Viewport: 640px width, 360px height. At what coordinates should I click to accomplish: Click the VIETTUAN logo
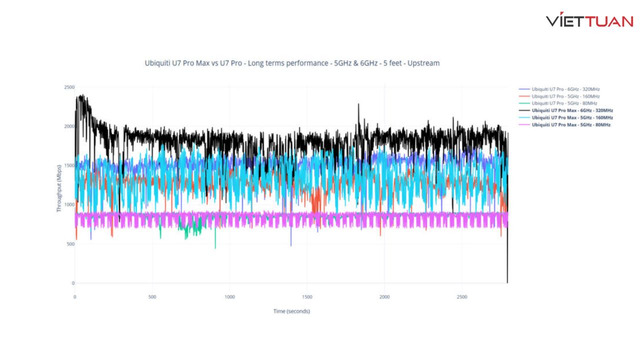coord(589,19)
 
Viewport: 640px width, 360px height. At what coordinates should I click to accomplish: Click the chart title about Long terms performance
coord(292,63)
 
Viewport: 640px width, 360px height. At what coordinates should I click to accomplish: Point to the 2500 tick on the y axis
coord(69,87)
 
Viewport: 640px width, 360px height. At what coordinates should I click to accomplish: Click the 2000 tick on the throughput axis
coord(69,126)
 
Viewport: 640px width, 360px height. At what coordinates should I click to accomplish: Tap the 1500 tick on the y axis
coord(69,165)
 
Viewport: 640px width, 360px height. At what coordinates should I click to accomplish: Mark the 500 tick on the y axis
coord(70,244)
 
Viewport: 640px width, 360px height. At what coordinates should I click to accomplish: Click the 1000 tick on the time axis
coord(229,297)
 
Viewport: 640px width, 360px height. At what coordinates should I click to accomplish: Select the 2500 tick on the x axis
coord(462,297)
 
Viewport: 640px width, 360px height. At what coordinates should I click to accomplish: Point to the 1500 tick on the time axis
coord(307,297)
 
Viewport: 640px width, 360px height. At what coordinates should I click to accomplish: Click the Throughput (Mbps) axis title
coord(59,188)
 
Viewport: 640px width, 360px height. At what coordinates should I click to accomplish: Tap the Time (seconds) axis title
coord(291,311)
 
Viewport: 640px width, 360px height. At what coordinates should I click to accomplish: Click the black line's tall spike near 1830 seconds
coord(358,104)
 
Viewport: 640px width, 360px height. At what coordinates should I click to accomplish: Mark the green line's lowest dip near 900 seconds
coord(215,248)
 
